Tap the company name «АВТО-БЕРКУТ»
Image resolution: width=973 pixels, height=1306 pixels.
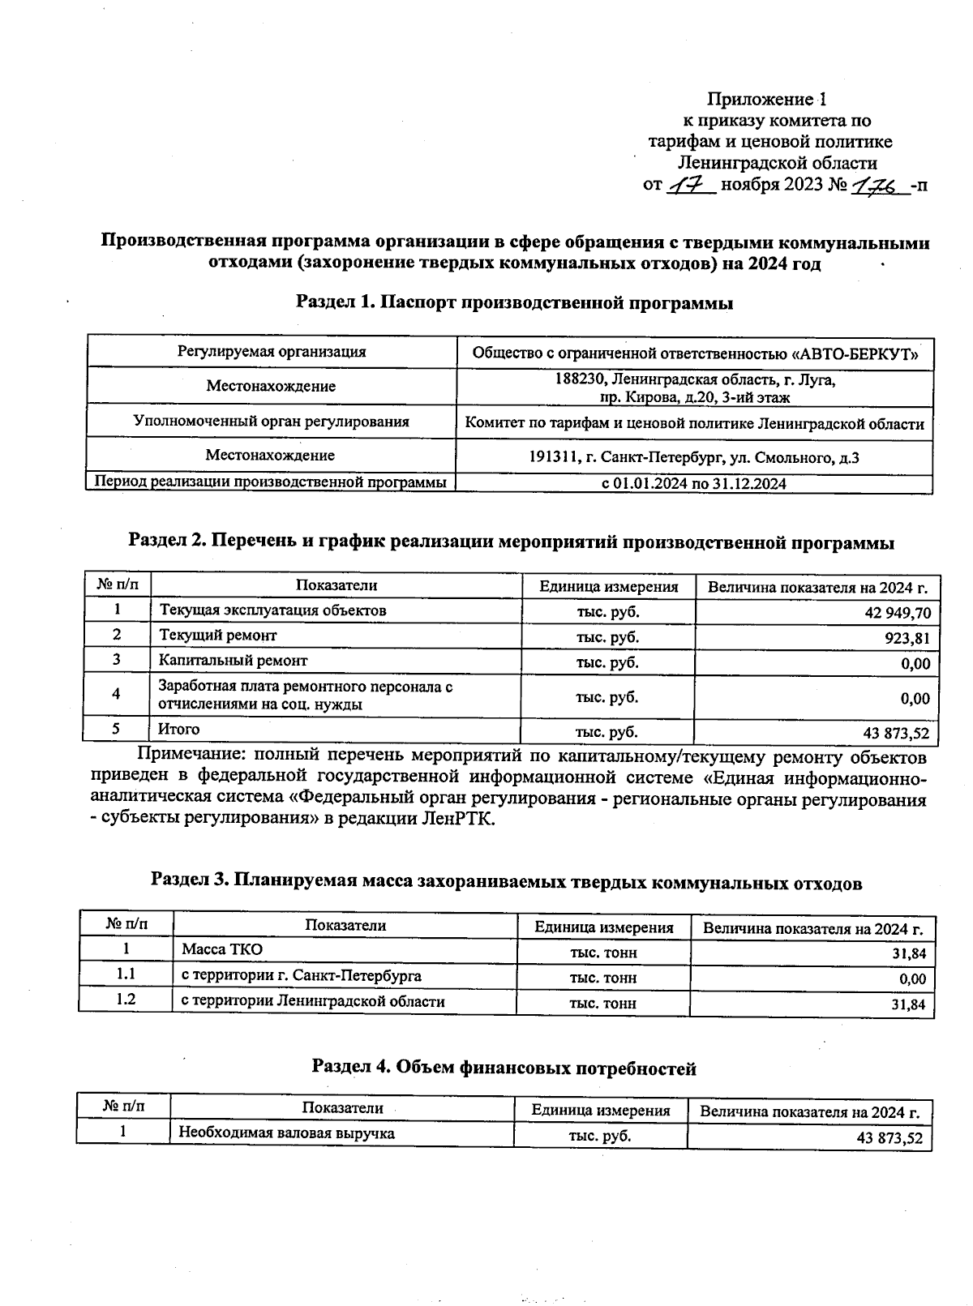tap(857, 353)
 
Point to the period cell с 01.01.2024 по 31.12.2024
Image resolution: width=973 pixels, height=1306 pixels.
tap(693, 484)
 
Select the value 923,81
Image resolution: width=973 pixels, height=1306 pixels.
tap(907, 638)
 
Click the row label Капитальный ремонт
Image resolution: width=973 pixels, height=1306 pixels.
tap(233, 661)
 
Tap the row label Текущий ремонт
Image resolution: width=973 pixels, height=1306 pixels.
tap(217, 636)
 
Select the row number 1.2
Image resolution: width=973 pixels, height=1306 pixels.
tap(125, 1000)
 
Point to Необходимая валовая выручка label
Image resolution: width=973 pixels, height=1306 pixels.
tap(286, 1133)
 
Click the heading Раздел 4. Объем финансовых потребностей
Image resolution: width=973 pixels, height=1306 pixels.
tap(504, 1068)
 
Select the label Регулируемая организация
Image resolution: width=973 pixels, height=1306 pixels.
tap(272, 352)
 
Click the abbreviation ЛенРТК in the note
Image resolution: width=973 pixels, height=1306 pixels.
tap(456, 818)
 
